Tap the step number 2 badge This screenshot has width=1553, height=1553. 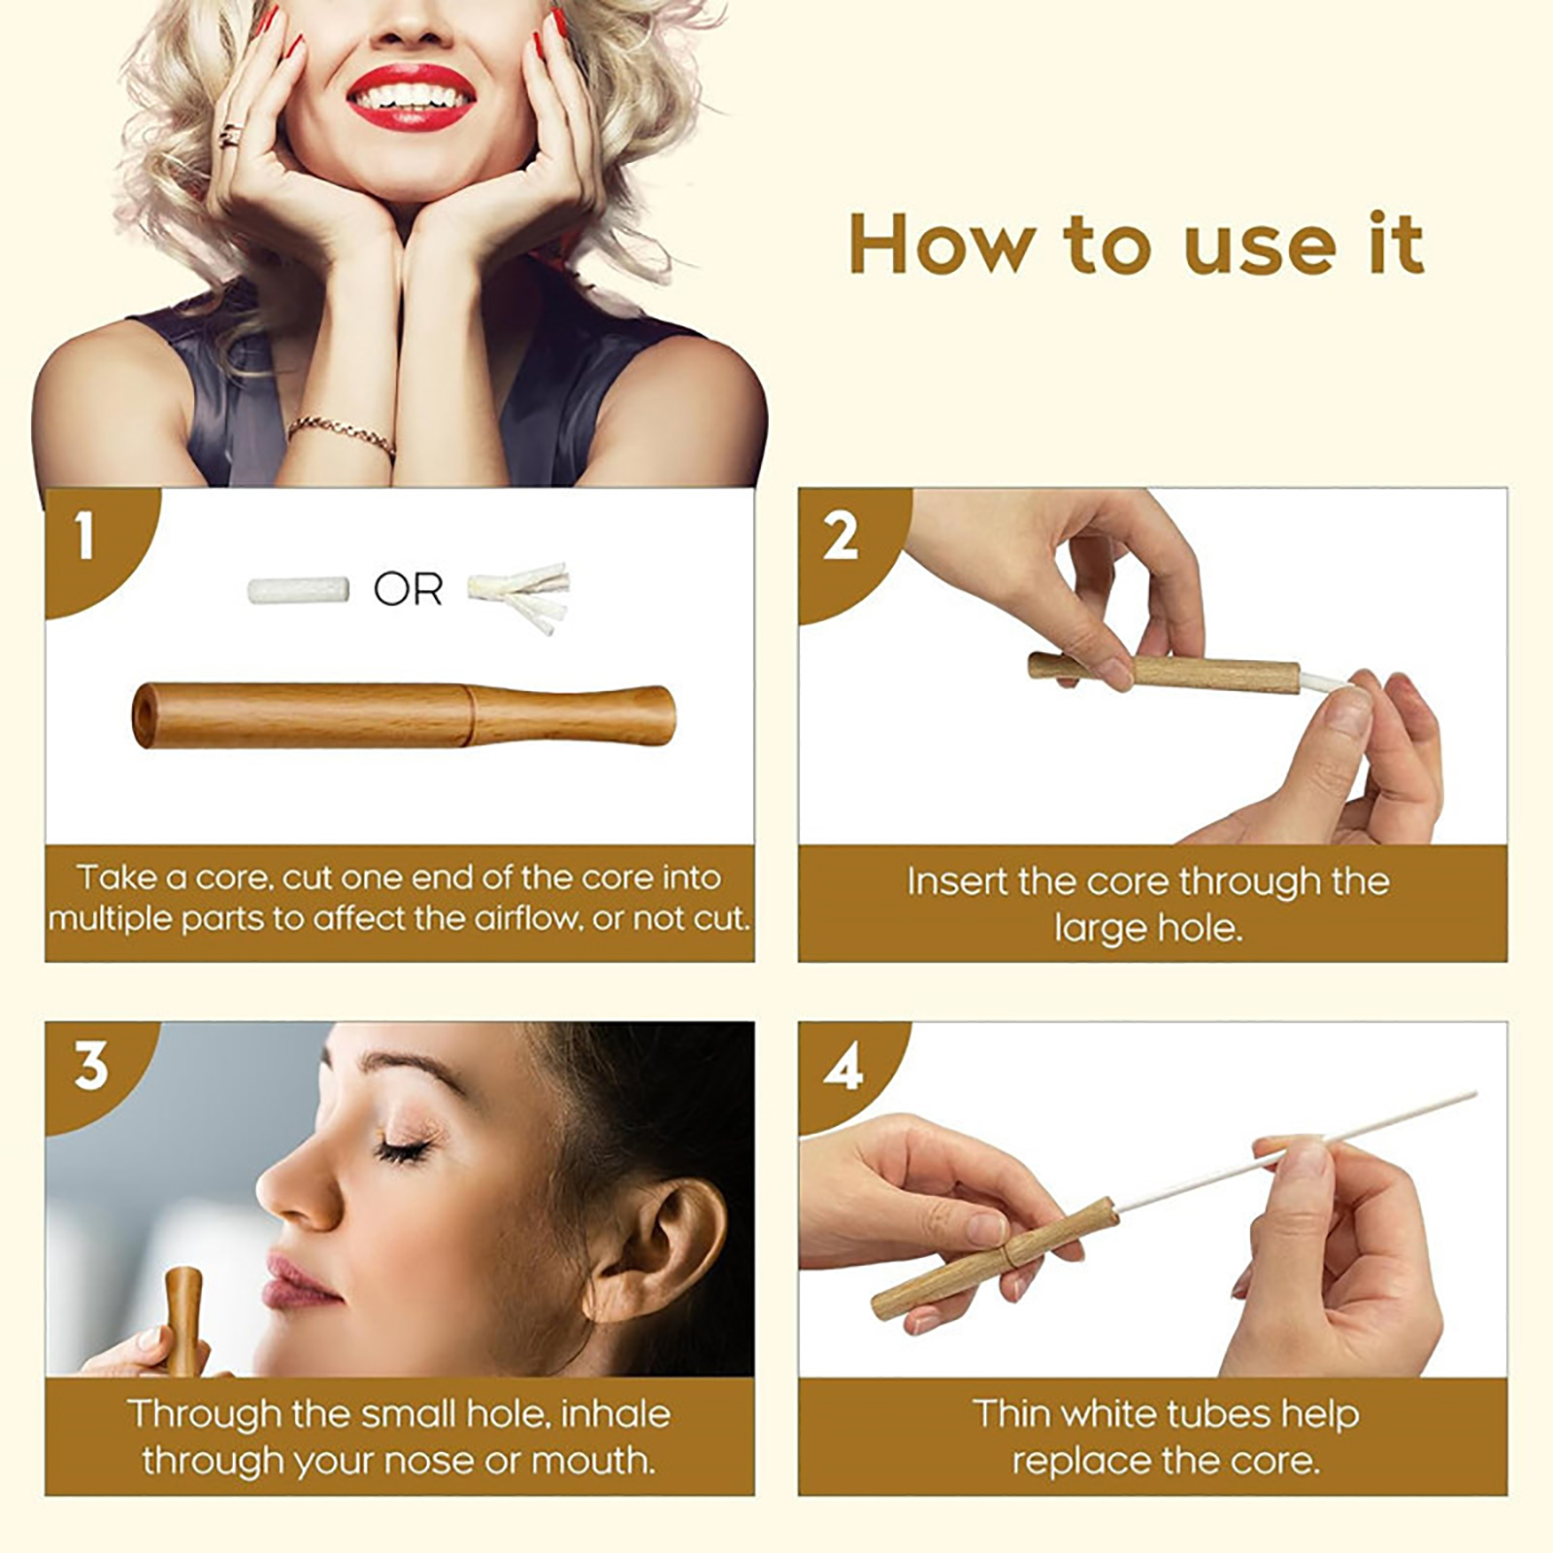point(841,536)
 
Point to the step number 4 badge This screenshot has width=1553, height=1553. point(843,1068)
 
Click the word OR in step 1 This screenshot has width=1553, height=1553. point(408,589)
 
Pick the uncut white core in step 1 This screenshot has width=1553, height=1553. point(298,590)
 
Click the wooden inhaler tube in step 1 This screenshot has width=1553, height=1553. point(404,715)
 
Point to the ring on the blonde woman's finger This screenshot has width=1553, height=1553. point(231,136)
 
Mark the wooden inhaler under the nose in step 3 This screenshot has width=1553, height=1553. point(182,1320)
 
